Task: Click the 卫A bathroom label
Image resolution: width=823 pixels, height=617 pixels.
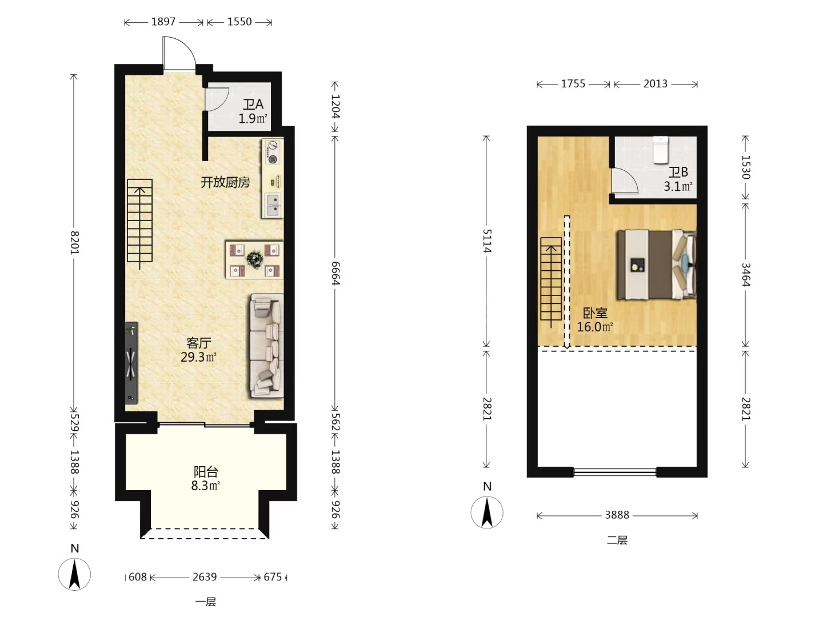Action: coord(253,104)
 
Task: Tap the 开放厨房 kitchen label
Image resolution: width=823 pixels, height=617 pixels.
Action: coord(225,182)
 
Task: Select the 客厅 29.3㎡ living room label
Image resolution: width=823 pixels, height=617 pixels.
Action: coord(199,350)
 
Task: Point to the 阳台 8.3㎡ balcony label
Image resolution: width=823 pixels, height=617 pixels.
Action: coord(206,478)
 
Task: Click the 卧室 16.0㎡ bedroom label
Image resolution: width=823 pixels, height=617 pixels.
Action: coord(594,319)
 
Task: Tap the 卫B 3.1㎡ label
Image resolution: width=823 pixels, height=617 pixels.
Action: coord(678,179)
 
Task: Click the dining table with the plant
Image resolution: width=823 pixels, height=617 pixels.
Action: coord(254,259)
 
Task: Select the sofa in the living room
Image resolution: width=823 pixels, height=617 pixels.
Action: coord(267,346)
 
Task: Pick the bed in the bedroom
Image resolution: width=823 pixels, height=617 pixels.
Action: coord(657,265)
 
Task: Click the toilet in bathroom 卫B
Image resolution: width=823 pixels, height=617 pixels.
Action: coord(661,150)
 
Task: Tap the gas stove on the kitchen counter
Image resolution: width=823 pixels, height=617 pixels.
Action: coord(273,152)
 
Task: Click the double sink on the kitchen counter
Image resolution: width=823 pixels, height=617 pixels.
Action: coord(273,205)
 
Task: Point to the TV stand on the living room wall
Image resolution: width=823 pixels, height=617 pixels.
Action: coord(131,363)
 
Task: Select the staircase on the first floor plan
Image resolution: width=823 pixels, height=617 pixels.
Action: coord(140,221)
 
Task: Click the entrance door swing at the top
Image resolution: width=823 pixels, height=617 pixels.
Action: coord(179,53)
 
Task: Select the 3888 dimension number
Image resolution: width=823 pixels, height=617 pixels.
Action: coord(617,515)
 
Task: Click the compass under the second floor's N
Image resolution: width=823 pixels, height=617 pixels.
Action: coord(487,512)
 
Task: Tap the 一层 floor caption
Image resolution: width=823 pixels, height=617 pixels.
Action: coord(206,602)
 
